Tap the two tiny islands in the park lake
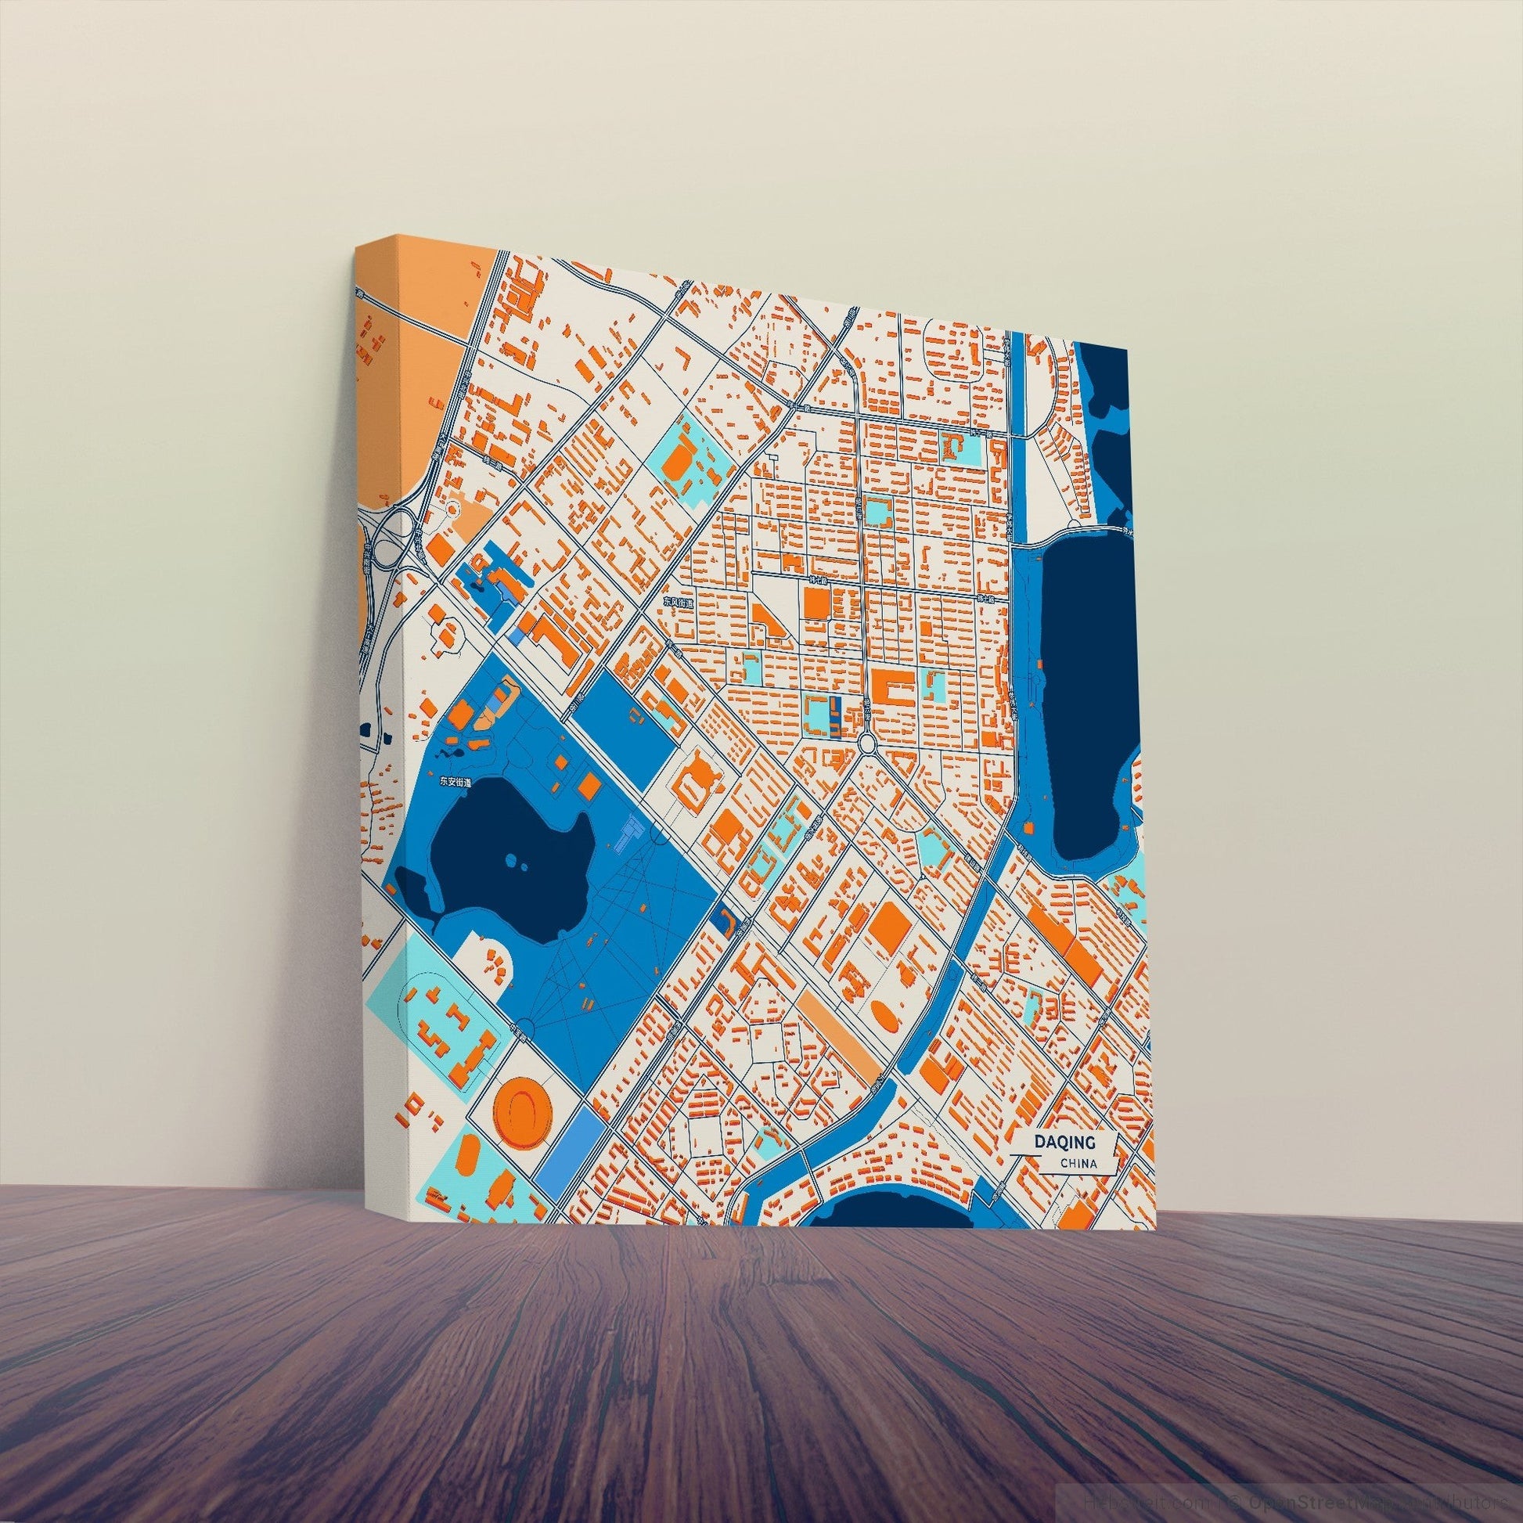coord(517,860)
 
